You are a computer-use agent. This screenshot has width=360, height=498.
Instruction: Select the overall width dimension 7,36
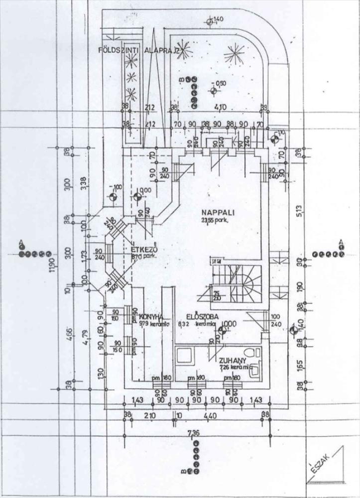pos(194,433)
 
